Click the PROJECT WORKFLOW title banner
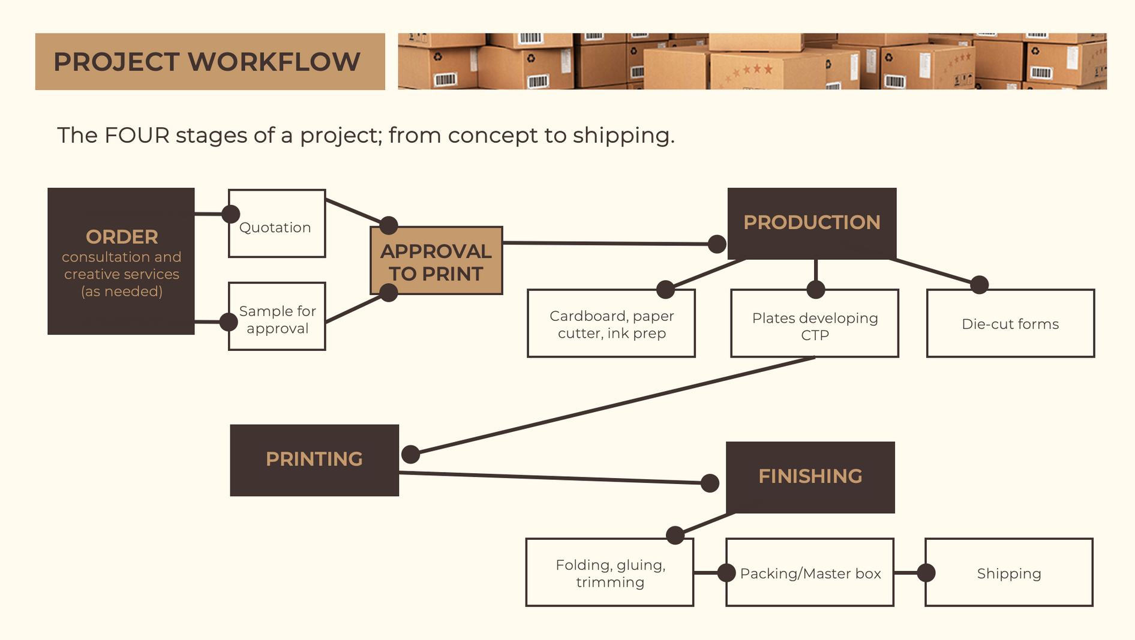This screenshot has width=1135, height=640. (x=210, y=62)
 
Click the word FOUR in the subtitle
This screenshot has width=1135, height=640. (x=137, y=136)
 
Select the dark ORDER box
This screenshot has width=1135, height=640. (x=121, y=262)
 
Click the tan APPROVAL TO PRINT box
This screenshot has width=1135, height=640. (x=436, y=261)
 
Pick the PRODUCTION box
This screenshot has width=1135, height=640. (x=812, y=223)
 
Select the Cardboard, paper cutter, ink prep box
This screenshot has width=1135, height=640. (x=611, y=324)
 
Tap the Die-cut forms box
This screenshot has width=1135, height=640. (x=1010, y=324)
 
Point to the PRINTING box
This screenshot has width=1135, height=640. (x=314, y=460)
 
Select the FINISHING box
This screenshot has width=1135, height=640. (x=810, y=477)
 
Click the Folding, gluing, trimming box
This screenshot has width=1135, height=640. (x=609, y=573)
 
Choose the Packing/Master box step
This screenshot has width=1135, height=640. (x=810, y=573)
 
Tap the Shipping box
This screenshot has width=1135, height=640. (x=1009, y=573)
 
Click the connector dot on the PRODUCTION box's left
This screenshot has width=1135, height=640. (x=717, y=244)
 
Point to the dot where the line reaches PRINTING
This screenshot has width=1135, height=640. (x=410, y=454)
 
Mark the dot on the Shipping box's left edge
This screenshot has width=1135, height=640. (x=926, y=573)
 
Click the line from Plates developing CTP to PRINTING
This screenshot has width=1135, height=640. (x=612, y=406)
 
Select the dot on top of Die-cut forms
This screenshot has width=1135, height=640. (x=979, y=284)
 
